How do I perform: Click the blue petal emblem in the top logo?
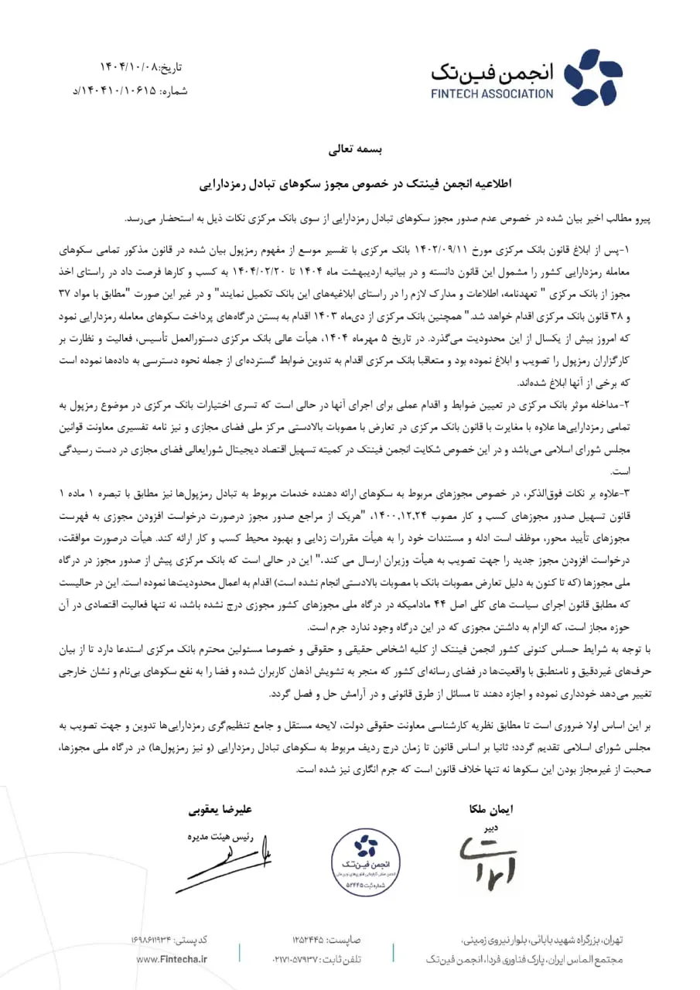pos(582,77)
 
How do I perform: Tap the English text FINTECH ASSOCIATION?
pos(493,94)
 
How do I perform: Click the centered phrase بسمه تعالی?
pos(350,150)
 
